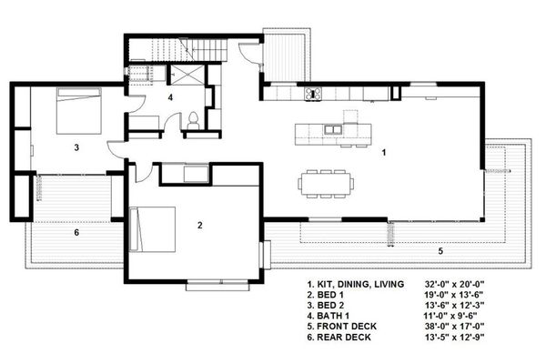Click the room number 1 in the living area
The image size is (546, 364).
click(x=384, y=153)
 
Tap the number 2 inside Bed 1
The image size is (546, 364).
click(x=199, y=226)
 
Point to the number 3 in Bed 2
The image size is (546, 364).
click(x=76, y=147)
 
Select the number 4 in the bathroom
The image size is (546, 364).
click(x=170, y=97)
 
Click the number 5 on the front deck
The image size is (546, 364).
click(x=440, y=251)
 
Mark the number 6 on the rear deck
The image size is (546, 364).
click(x=76, y=232)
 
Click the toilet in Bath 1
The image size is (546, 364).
click(x=193, y=120)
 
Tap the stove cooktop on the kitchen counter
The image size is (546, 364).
click(x=313, y=94)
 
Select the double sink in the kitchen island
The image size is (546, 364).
click(x=333, y=129)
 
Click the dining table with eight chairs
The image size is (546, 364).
click(x=326, y=184)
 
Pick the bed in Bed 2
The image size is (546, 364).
click(x=79, y=111)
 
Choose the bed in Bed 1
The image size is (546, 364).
click(x=152, y=229)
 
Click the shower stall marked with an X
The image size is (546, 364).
click(x=187, y=75)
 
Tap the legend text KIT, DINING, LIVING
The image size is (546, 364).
click(x=360, y=284)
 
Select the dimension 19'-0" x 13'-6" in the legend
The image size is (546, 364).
click(x=454, y=295)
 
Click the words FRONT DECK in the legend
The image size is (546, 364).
click(x=347, y=327)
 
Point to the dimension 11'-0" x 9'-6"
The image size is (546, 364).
click(x=450, y=316)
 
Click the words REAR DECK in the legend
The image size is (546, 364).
click(x=344, y=338)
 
